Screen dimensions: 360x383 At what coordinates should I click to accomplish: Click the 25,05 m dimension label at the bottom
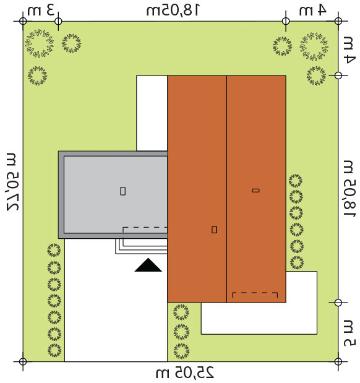(185, 372)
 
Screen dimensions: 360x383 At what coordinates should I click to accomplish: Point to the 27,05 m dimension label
(12, 182)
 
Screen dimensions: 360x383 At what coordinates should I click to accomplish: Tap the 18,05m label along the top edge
(173, 11)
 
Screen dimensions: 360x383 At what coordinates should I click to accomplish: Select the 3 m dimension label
(41, 10)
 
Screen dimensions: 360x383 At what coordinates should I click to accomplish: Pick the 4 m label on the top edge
(313, 11)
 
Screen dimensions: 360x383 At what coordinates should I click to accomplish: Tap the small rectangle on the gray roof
(123, 191)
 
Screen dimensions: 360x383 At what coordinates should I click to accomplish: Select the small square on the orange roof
(214, 230)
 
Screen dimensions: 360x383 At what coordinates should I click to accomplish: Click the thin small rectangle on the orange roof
(255, 191)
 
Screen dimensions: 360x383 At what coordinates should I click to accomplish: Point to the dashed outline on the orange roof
(255, 293)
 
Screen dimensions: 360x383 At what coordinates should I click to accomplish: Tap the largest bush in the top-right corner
(314, 46)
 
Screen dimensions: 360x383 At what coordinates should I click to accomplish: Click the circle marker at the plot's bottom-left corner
(23, 361)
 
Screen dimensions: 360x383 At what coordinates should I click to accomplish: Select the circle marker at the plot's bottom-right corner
(338, 361)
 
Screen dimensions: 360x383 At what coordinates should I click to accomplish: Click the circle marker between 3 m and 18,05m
(58, 21)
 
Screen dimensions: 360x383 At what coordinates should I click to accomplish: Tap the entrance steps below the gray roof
(142, 246)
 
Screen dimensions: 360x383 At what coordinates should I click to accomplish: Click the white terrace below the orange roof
(259, 318)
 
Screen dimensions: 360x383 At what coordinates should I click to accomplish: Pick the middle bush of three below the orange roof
(181, 332)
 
